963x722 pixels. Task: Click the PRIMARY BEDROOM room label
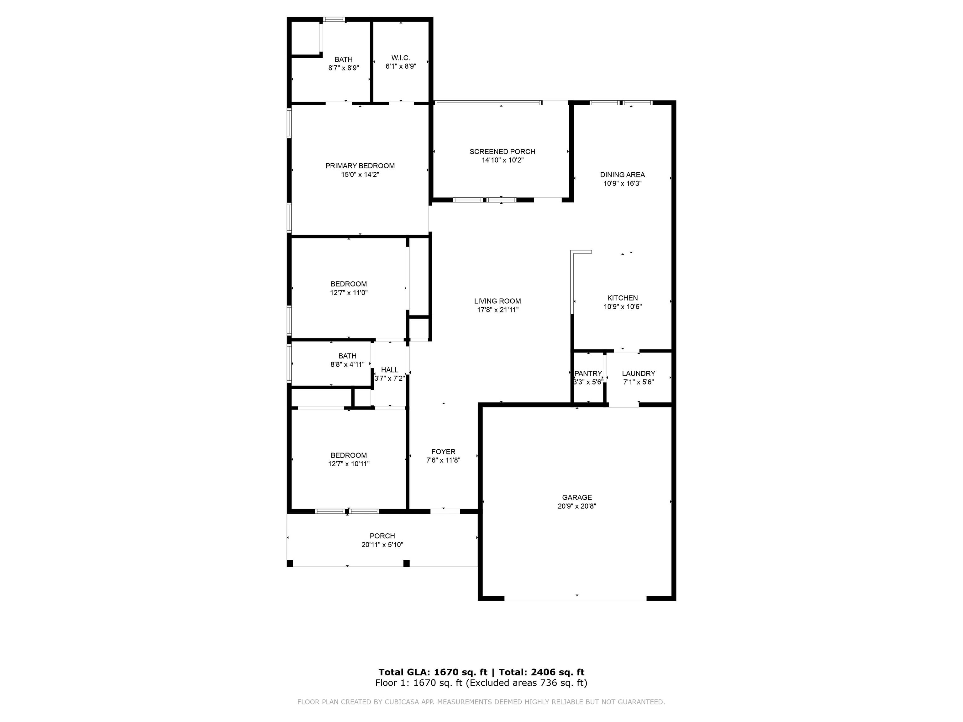click(x=360, y=166)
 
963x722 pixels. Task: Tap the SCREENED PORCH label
click(x=503, y=151)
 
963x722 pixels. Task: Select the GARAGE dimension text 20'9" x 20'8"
click(x=577, y=506)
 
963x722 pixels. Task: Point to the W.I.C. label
click(x=401, y=58)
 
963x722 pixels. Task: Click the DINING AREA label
click(x=623, y=175)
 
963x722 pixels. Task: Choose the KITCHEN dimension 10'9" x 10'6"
click(x=623, y=306)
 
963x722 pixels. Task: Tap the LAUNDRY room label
click(x=639, y=374)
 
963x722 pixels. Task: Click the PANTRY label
click(x=588, y=374)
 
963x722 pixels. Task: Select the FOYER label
click(x=443, y=452)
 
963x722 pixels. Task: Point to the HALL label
click(x=390, y=370)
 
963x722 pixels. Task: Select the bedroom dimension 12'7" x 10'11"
click(x=349, y=464)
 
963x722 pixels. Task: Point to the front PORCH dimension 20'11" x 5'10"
click(x=382, y=544)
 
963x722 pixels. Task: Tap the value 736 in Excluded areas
click(x=549, y=683)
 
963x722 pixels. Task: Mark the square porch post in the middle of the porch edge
click(x=406, y=563)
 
